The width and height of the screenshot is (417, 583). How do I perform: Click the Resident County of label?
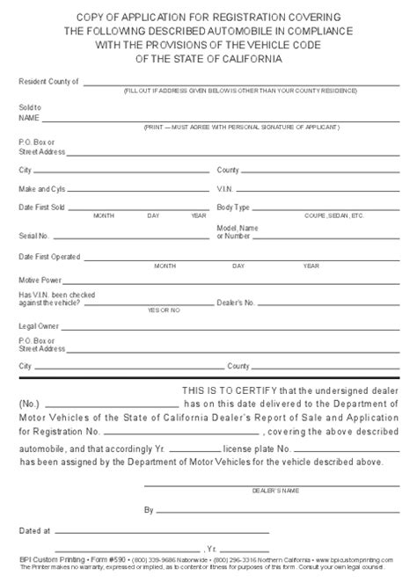[48, 81]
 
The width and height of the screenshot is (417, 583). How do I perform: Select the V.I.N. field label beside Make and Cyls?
[224, 188]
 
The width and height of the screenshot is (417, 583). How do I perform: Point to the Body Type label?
[233, 208]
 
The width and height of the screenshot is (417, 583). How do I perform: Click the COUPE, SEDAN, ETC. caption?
[333, 215]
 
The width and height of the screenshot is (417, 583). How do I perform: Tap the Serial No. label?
[34, 236]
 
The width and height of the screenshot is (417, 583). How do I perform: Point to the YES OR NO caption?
[164, 310]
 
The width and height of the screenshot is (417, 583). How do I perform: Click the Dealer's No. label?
[236, 302]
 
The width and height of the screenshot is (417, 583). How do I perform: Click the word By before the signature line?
[149, 509]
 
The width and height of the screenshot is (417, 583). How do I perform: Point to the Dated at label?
[34, 531]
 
